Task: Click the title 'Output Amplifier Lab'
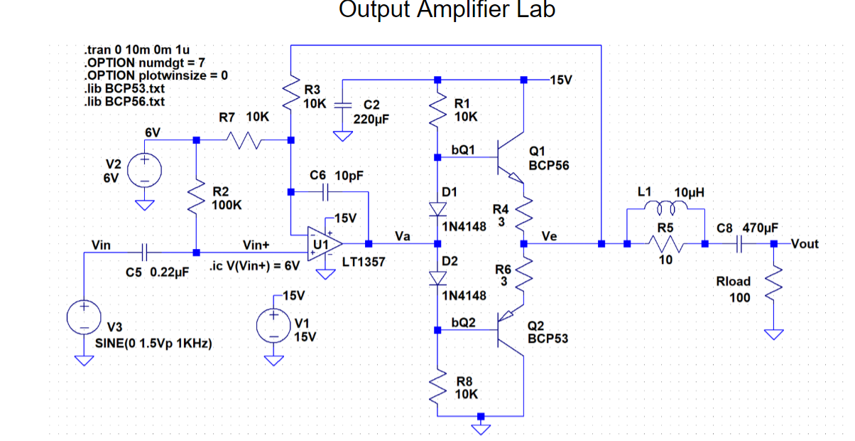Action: (x=447, y=10)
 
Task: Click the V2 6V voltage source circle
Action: (x=144, y=172)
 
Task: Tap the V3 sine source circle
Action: (x=84, y=318)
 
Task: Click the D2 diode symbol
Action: (x=437, y=277)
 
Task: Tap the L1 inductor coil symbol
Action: (x=666, y=208)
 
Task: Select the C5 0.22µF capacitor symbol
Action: (x=144, y=252)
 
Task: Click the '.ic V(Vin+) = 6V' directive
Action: (x=255, y=267)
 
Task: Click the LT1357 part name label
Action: (x=363, y=262)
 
